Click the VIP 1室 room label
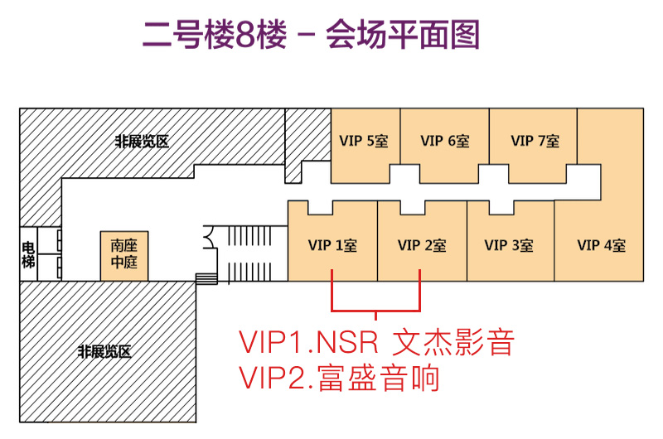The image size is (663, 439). coord(331,246)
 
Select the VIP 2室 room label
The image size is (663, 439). coord(422,246)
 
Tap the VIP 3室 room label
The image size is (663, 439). coord(509,246)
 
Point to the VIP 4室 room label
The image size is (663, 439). coord(602,246)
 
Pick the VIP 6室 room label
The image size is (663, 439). coord(445,141)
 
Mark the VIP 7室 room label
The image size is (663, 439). coord(535,141)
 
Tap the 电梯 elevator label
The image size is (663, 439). coord(28,254)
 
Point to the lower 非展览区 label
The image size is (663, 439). coord(104,352)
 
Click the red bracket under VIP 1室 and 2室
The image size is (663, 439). coord(376,311)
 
